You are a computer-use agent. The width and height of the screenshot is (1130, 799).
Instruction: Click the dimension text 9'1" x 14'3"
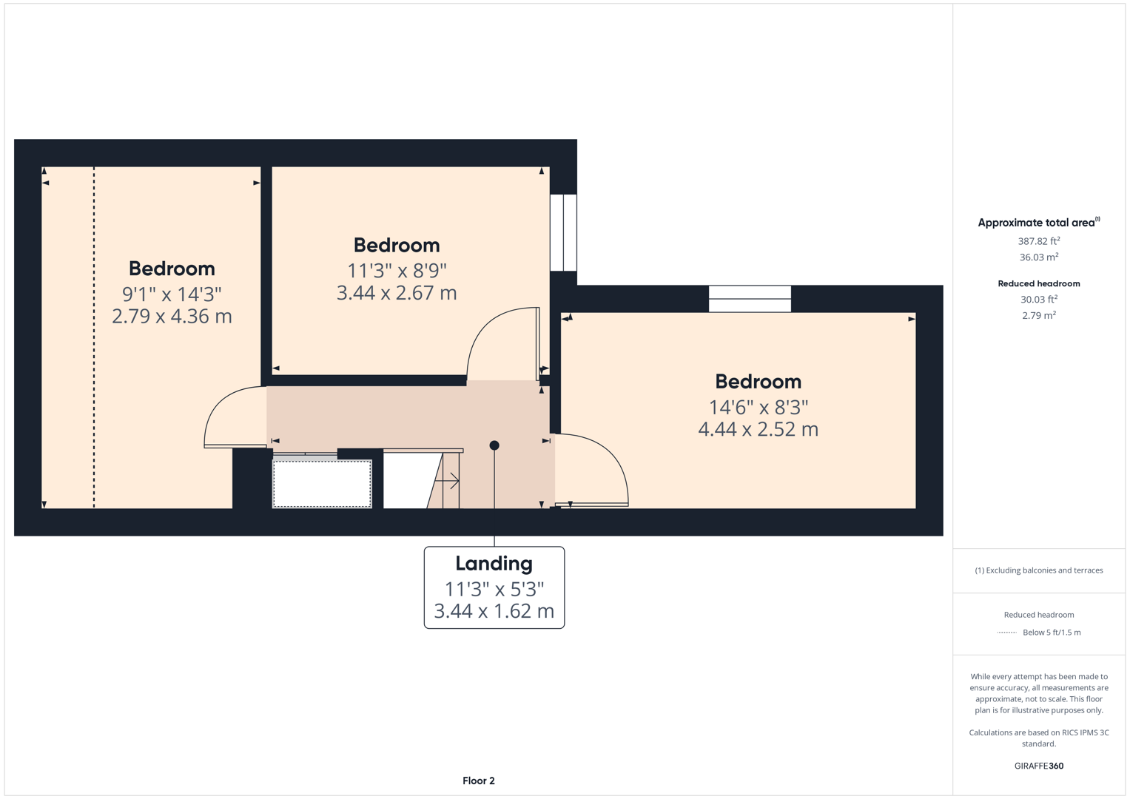click(172, 294)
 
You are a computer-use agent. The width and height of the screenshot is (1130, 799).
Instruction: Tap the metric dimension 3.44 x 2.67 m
click(397, 293)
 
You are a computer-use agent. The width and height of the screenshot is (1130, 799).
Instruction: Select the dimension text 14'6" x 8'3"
click(758, 407)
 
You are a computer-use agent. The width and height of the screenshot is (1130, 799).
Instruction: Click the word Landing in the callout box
click(494, 564)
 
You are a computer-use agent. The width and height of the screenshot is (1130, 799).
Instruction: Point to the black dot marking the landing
click(494, 445)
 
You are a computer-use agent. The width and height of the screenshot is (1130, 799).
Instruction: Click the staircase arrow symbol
click(448, 482)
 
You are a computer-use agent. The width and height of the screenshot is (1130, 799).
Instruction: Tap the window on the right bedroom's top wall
click(750, 299)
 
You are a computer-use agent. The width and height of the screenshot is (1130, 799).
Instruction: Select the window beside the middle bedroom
click(563, 232)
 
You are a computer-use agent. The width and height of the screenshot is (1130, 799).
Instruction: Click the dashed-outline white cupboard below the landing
click(322, 484)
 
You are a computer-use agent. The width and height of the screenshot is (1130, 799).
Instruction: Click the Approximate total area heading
click(1038, 223)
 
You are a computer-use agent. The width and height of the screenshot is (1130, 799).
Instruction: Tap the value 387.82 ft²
click(1038, 241)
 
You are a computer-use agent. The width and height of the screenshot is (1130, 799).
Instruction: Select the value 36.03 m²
click(1038, 257)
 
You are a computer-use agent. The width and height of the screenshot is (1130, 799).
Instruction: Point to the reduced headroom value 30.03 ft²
click(1038, 300)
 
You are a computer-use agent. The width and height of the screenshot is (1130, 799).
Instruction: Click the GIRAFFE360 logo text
click(1038, 766)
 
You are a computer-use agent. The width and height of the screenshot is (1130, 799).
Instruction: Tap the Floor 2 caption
click(478, 781)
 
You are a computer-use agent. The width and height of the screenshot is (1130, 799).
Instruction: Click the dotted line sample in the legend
click(1006, 633)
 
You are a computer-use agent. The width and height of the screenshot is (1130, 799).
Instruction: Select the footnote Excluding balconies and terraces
click(1038, 570)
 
